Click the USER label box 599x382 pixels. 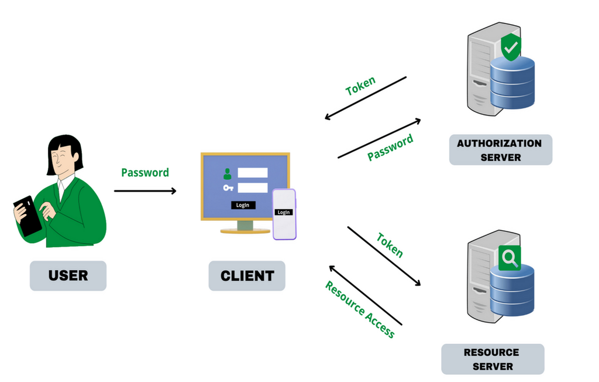click(68, 275)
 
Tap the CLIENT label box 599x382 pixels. click(247, 276)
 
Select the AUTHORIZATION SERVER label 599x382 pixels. click(500, 150)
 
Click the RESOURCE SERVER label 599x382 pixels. click(491, 359)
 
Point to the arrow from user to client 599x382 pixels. click(145, 190)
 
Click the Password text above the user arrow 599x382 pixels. click(144, 172)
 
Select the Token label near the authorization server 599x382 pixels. click(361, 86)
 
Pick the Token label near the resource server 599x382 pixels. click(390, 244)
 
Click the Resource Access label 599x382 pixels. click(360, 309)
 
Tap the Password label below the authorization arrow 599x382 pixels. click(390, 147)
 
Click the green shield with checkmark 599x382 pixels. click(511, 47)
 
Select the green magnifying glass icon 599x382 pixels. click(510, 258)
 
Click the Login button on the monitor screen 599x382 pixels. click(243, 205)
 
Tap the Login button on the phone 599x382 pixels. click(284, 212)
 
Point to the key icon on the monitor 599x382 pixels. click(228, 188)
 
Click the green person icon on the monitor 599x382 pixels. click(228, 173)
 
